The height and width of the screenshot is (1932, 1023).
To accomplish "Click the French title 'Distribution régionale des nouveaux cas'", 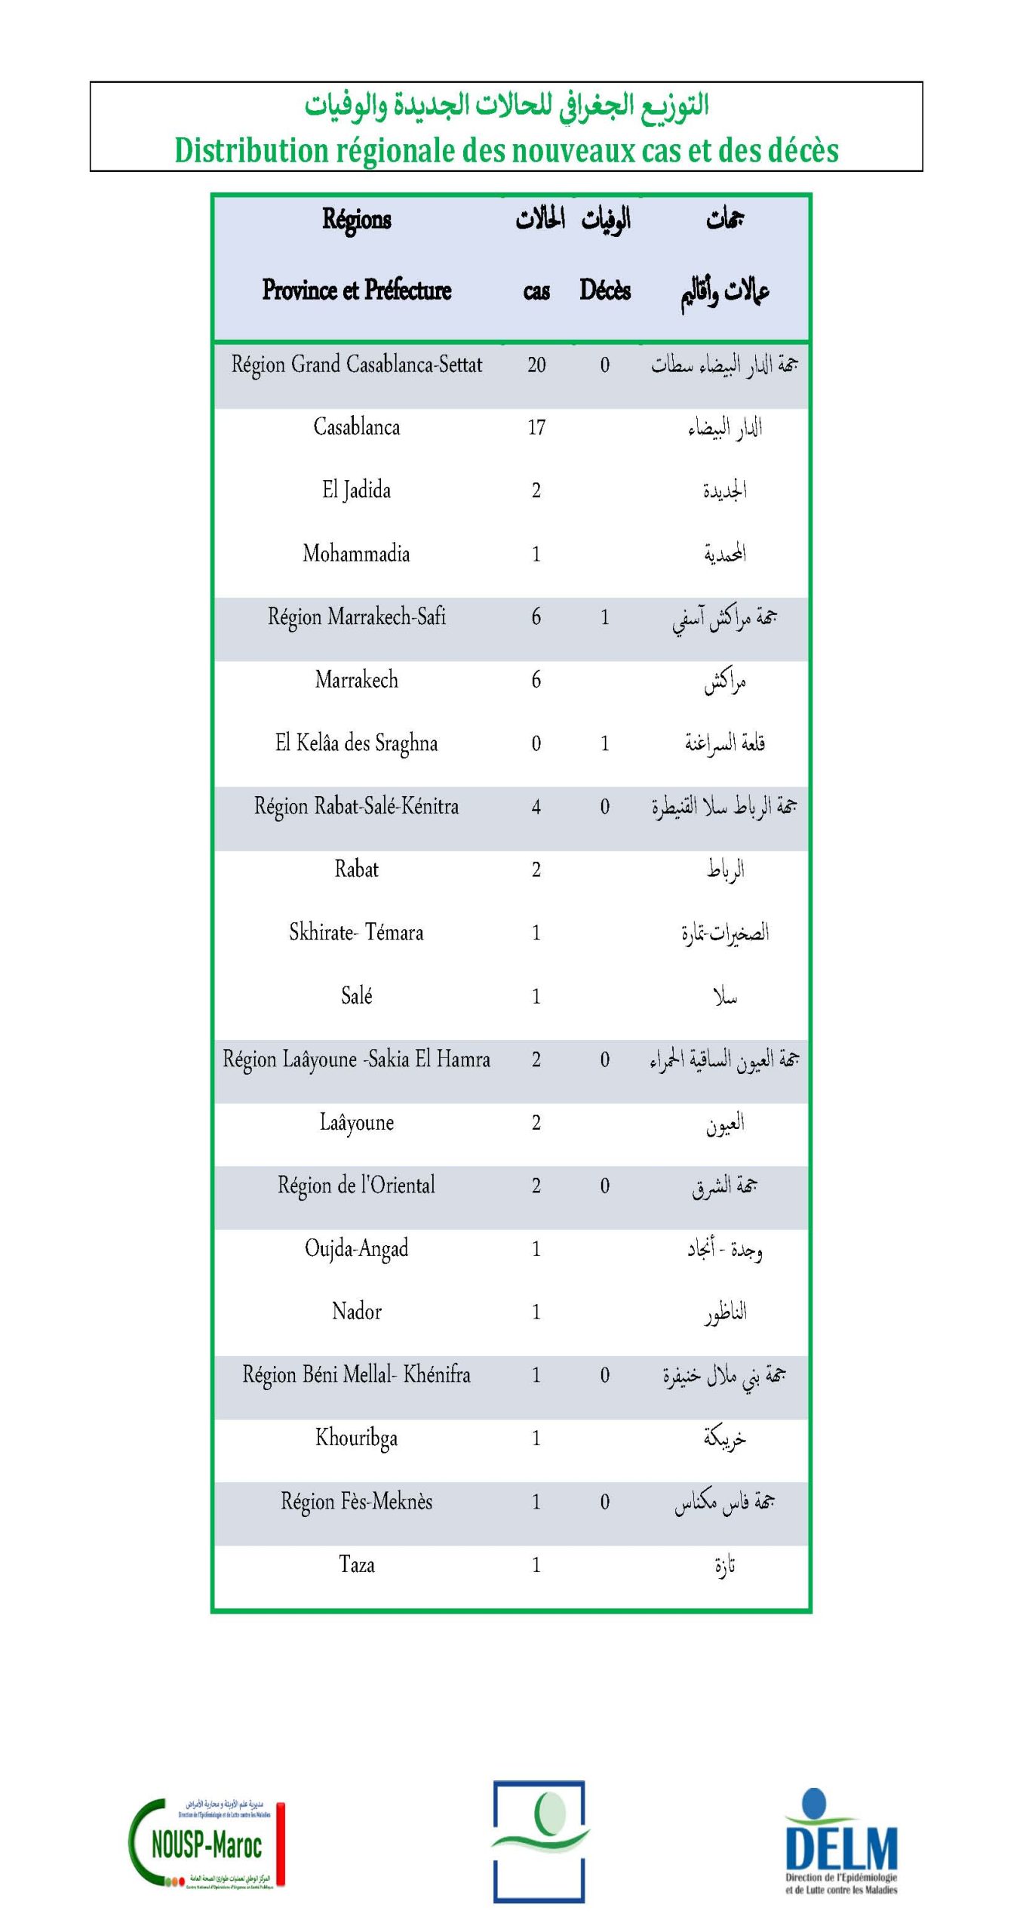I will click(x=506, y=150).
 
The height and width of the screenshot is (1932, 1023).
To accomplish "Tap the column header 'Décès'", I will click(x=605, y=291).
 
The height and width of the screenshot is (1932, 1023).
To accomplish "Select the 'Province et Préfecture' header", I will click(x=356, y=291).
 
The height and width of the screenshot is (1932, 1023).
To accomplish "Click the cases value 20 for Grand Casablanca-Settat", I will click(x=536, y=365).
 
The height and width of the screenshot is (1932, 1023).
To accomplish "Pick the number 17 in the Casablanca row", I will click(x=536, y=428).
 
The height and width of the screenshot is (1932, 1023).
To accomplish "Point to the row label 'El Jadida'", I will click(x=356, y=491).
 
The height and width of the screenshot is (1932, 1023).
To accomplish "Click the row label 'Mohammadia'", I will click(x=356, y=554).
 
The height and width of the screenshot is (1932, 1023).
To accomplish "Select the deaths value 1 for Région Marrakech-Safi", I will click(x=605, y=617).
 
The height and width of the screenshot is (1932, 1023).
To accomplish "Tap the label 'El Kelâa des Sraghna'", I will click(x=356, y=743).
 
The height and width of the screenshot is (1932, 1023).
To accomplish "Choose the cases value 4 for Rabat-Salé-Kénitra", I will click(x=536, y=807).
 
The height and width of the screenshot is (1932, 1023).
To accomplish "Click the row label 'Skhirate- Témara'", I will click(x=356, y=933).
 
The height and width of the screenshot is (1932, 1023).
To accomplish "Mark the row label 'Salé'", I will click(x=356, y=996).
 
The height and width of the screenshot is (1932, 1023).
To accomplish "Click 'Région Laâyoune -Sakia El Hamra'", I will click(x=356, y=1060).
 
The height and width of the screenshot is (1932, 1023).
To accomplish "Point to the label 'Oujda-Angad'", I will click(x=356, y=1249).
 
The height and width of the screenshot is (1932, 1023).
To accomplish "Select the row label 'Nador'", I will click(x=356, y=1312).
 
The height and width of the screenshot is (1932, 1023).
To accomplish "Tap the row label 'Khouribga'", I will click(x=356, y=1438).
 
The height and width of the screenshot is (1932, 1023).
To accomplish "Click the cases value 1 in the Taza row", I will click(x=536, y=1564).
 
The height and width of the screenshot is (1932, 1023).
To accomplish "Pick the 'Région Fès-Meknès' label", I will click(x=356, y=1501).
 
